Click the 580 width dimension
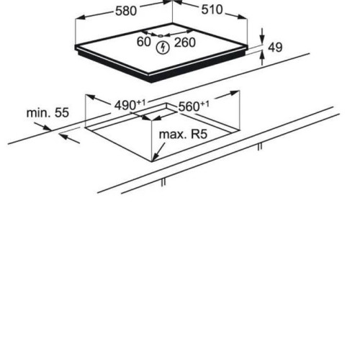pyautogui.click(x=126, y=11)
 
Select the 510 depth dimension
pyautogui.click(x=212, y=10)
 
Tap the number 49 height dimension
pyautogui.click(x=275, y=48)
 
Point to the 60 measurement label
pyautogui.click(x=143, y=42)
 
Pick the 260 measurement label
pyautogui.click(x=185, y=42)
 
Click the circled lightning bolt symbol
pyautogui.click(x=163, y=48)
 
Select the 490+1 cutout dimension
pyautogui.click(x=130, y=105)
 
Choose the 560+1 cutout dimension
pyautogui.click(x=194, y=106)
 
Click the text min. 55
pyautogui.click(x=48, y=112)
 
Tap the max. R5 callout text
pyautogui.click(x=183, y=134)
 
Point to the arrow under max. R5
pyautogui.click(x=158, y=152)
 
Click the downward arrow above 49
pyautogui.click(x=262, y=37)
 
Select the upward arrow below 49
pyautogui.click(x=262, y=58)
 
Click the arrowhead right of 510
pyautogui.click(x=242, y=17)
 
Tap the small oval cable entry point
pyautogui.click(x=161, y=36)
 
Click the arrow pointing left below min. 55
pyautogui.click(x=69, y=139)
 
